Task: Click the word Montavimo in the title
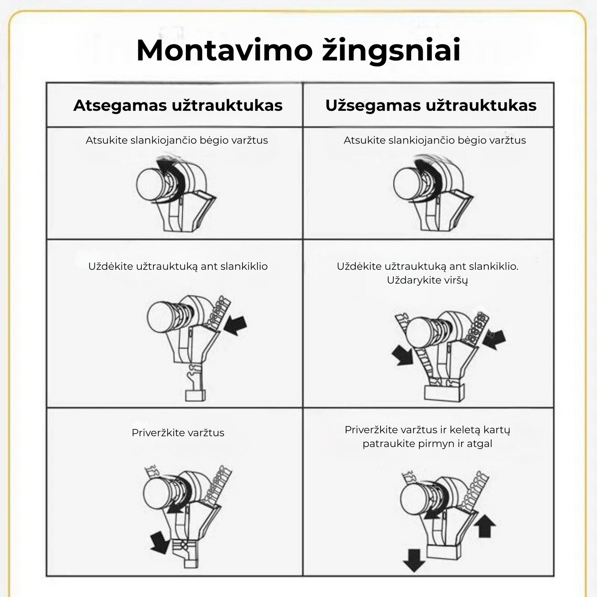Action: click(224, 50)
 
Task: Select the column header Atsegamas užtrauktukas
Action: click(178, 105)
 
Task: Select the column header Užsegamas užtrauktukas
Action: click(431, 105)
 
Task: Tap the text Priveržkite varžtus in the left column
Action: click(178, 433)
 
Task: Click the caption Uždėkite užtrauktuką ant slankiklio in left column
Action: click(178, 266)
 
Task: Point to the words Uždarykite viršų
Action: click(427, 280)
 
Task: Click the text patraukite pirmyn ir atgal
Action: click(427, 444)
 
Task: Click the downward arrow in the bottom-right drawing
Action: click(414, 559)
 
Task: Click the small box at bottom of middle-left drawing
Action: click(195, 395)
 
